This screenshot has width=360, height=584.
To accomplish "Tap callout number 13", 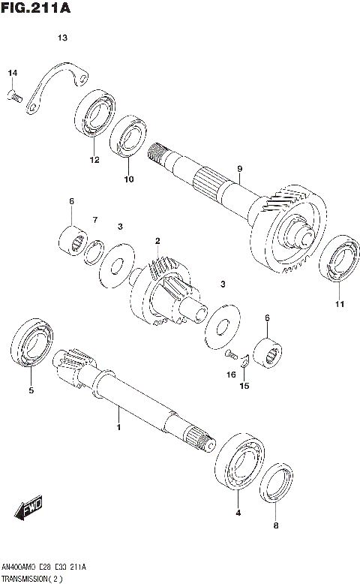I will [62, 38].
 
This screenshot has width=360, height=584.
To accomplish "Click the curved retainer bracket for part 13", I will [56, 84].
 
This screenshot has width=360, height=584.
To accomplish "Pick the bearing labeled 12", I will [94, 116].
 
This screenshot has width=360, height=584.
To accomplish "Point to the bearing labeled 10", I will [128, 138].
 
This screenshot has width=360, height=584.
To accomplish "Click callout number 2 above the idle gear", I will [157, 241].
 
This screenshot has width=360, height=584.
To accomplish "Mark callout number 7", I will [95, 219].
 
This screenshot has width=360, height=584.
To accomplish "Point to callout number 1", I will [118, 427].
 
